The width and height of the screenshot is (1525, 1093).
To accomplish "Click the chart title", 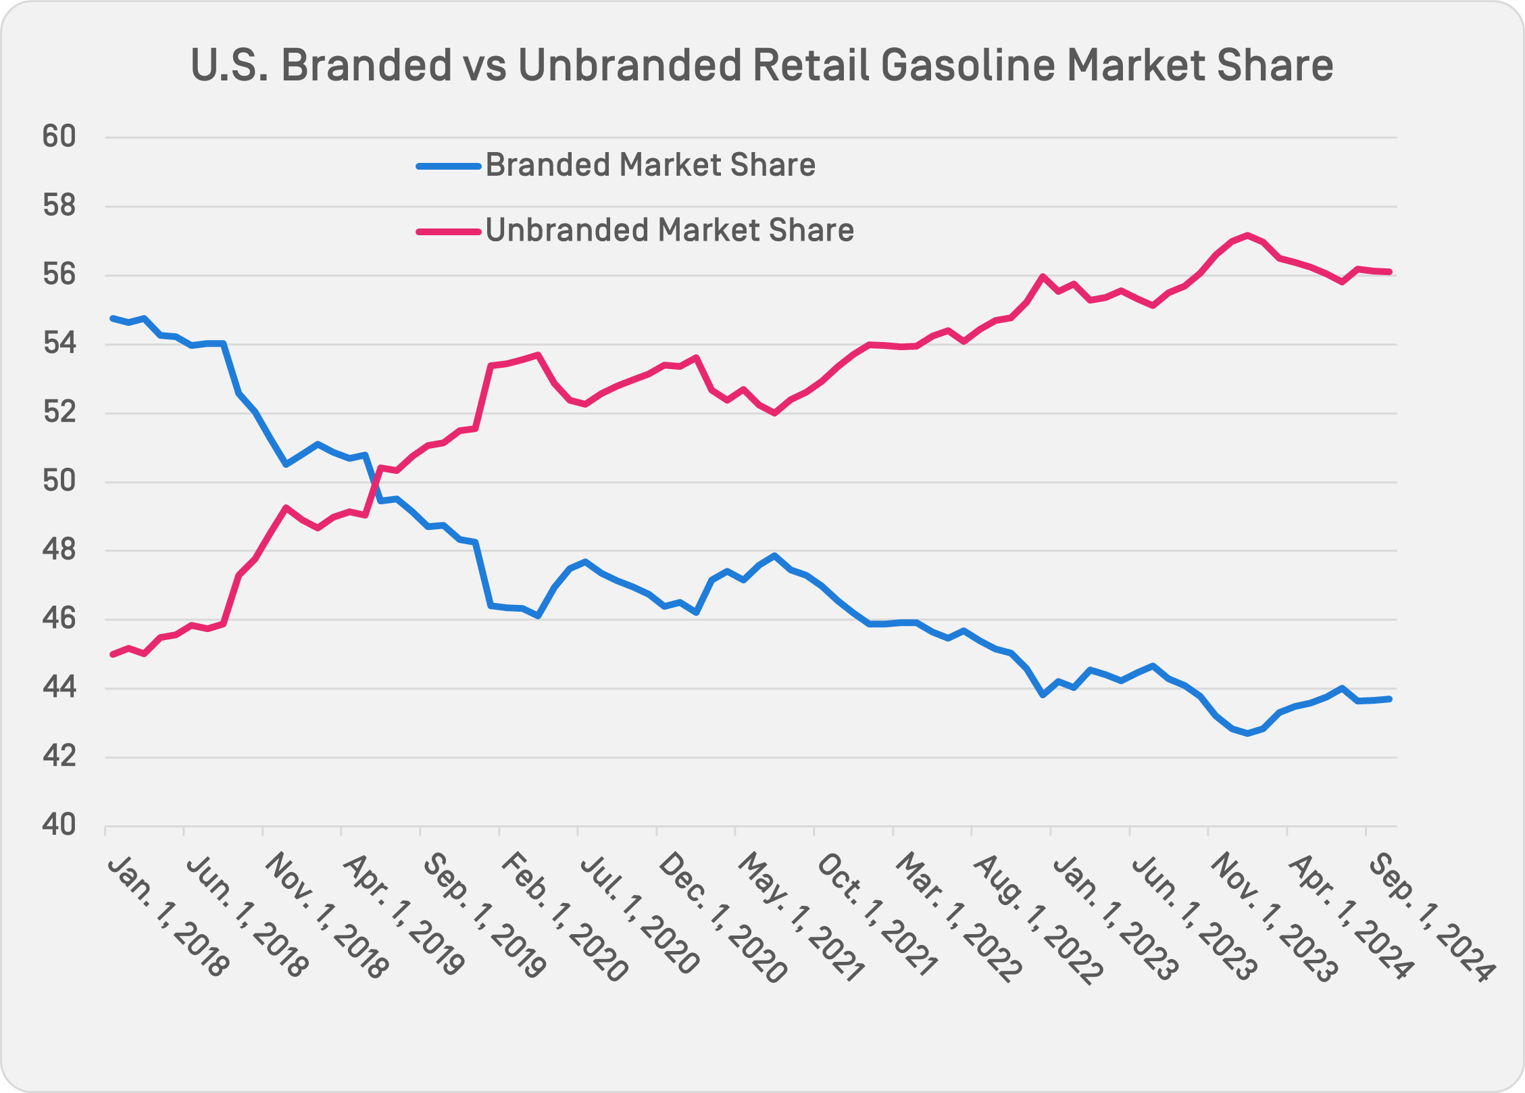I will tap(761, 66).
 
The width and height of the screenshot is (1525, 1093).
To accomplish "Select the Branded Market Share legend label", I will tap(650, 165).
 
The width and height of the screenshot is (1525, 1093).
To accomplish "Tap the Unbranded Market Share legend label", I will tap(669, 230).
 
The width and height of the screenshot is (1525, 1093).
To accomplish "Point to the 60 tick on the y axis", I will tap(59, 137).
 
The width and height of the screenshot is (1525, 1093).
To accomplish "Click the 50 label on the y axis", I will tap(59, 482).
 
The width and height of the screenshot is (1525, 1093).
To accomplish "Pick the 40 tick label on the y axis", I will tap(59, 825).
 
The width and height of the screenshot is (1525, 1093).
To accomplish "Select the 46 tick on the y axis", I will tap(59, 619).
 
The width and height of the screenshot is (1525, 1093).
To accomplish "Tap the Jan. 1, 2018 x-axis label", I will tap(168, 915).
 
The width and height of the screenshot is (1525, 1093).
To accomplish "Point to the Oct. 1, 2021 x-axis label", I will tap(877, 915).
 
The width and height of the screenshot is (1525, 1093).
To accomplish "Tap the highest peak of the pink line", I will tap(1247, 235).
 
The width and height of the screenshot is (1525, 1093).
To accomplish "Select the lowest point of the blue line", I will tap(1247, 733).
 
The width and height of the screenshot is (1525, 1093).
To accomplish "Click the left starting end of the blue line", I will tap(112, 318).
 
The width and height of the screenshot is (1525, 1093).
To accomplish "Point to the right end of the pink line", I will tap(1389, 272).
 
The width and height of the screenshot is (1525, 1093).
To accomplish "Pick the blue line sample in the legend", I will tap(448, 166).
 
